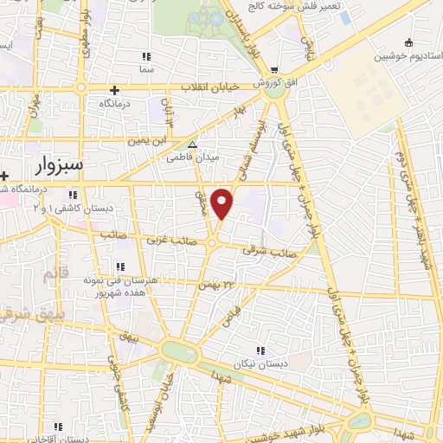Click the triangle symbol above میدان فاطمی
coord(193,145)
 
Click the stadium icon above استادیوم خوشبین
coord(408,42)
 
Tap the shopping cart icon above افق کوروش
coord(274,71)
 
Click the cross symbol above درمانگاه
coord(113,89)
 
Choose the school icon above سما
coord(145,56)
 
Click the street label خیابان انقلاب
coord(212,87)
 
